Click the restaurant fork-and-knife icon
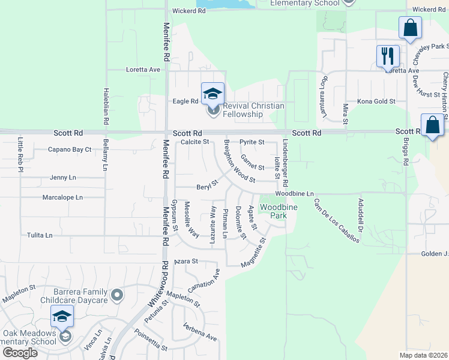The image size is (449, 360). tap(388, 56)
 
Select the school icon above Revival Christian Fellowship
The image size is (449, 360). tap(212, 94)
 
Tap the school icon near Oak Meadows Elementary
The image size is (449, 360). tap(62, 316)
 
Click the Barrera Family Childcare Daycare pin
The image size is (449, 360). tap(116, 295)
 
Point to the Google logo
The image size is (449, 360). tap(19, 352)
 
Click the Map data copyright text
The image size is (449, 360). tap(424, 355)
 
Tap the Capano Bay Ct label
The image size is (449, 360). tap(69, 149)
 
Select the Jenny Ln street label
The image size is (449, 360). tap(63, 178)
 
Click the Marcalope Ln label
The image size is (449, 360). tap(62, 197)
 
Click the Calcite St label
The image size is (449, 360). tap(194, 142)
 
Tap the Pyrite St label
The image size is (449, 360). tap(252, 142)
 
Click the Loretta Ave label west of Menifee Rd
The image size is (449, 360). tap(143, 70)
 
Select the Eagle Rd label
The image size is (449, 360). tap(185, 101)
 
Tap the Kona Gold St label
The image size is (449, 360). tap(376, 101)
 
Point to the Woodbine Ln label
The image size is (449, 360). tap(295, 194)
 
